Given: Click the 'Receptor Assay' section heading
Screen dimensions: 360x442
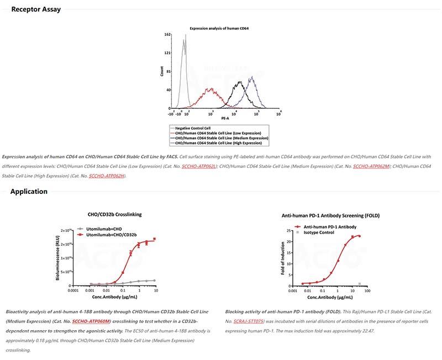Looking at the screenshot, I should [x=36, y=9].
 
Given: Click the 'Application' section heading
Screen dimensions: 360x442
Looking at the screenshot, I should [x=29, y=192].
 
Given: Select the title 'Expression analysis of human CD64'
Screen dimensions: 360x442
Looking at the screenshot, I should [x=219, y=28].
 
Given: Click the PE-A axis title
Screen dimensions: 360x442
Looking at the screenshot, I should [x=225, y=118].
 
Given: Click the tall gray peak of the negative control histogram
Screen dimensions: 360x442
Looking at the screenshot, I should [x=185, y=39].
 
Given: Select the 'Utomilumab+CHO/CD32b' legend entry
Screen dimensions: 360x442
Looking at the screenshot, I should [x=110, y=235].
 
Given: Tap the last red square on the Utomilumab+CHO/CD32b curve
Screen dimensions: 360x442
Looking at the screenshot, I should [x=155, y=239].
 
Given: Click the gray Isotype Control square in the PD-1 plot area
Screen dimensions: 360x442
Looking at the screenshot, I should [x=360, y=284].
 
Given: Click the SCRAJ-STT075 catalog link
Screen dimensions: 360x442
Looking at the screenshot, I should [x=248, y=321].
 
